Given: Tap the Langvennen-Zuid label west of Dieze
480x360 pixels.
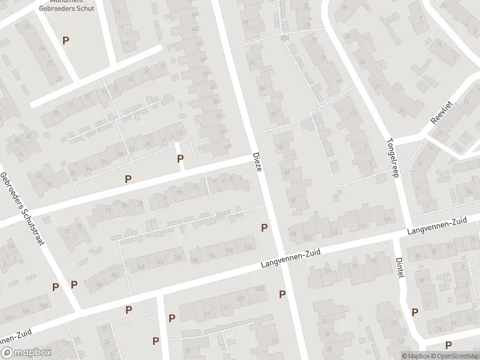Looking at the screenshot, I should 290,260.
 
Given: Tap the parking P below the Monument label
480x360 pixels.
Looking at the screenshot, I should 65,40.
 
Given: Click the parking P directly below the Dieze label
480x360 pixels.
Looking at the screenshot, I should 263,227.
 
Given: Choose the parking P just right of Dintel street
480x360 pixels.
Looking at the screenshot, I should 415,311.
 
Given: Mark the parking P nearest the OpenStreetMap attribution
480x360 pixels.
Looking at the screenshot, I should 448,344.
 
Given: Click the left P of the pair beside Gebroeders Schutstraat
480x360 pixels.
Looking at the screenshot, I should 55,287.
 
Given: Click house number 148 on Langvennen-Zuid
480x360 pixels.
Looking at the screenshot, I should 142,266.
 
